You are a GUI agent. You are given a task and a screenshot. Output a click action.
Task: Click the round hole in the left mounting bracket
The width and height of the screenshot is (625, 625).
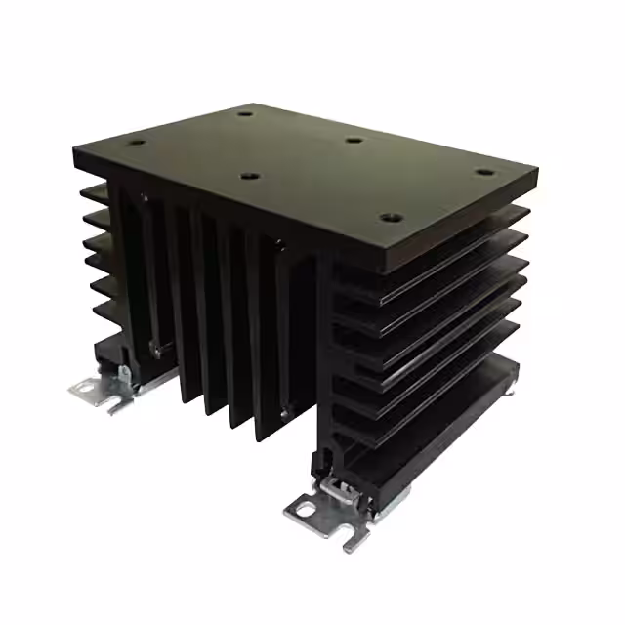tap(89, 389)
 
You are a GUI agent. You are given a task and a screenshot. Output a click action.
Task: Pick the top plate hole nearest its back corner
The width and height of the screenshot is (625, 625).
tap(245, 113)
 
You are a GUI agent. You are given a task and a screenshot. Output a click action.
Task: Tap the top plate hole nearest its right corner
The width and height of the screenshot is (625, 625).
tap(484, 174)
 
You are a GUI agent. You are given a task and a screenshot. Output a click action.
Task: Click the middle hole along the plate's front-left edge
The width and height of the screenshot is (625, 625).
tap(250, 177)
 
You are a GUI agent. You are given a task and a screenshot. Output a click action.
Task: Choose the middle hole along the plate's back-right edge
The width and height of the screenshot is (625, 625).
tap(354, 140)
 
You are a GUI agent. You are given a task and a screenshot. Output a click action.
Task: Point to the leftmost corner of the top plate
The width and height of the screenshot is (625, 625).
tap(74, 148)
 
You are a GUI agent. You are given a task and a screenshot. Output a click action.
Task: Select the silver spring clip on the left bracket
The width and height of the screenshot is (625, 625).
tap(125, 373)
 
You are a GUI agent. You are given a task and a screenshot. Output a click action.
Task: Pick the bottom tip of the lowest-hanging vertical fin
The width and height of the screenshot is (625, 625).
tap(266, 437)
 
